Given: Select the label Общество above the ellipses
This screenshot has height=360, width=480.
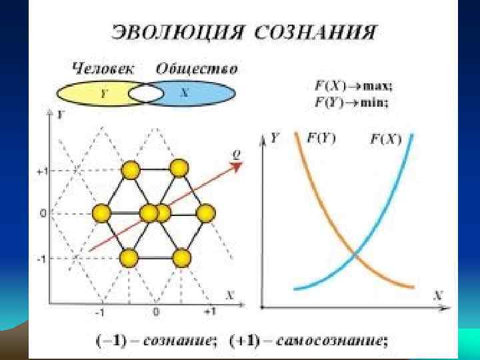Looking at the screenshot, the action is [197, 68].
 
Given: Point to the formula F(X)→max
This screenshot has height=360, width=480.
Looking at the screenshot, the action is [353, 86].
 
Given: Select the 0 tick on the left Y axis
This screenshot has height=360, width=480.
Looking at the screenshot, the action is [43, 214].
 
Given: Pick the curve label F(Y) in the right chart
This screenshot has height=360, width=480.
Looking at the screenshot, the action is [321, 139].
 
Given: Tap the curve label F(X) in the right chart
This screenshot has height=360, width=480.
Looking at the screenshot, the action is [385, 139].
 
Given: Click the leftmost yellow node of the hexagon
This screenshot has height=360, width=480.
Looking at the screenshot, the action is [101, 213].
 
